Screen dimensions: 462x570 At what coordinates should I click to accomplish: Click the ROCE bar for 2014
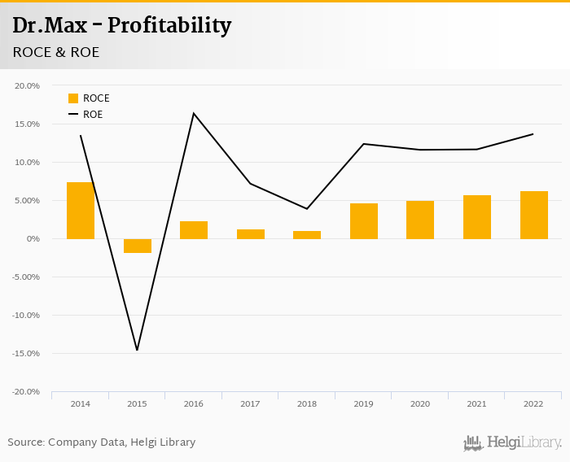tap(81, 210)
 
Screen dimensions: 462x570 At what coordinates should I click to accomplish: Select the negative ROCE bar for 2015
tap(137, 246)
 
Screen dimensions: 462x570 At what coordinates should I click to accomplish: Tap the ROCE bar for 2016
tap(194, 230)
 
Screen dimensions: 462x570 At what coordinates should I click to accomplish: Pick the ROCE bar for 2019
tap(364, 220)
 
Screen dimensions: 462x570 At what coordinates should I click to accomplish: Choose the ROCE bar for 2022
tap(534, 215)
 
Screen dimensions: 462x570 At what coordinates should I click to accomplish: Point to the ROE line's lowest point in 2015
tap(137, 351)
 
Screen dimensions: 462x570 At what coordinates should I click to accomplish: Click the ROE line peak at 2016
tap(194, 113)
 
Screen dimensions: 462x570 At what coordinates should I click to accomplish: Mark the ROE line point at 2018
tap(307, 209)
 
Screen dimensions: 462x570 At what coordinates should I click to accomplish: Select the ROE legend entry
tap(85, 115)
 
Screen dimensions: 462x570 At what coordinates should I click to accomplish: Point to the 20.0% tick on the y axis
tap(28, 85)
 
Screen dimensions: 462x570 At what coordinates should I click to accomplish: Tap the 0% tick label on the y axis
tap(33, 238)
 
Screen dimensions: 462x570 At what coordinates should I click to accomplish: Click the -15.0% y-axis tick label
tap(27, 353)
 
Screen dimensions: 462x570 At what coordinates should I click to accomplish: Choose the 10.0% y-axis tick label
tap(28, 162)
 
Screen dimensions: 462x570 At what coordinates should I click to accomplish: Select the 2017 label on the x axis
tap(250, 403)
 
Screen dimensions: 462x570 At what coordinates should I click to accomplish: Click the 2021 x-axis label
tap(477, 403)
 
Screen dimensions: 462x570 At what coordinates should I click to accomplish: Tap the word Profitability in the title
tap(169, 26)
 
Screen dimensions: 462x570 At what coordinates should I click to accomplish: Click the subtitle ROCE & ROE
tap(56, 52)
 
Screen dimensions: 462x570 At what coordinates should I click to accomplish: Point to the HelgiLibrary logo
tap(513, 443)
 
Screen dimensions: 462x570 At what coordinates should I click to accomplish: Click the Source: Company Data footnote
tap(102, 442)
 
